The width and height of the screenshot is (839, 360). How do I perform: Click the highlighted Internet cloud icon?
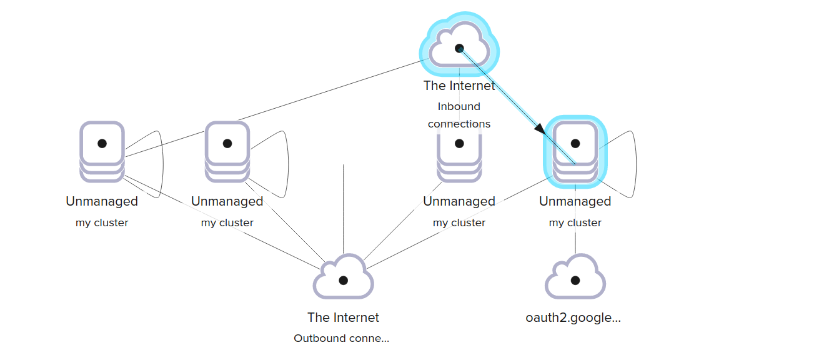(459, 44)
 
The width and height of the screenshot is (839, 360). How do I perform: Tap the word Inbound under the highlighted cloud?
(459, 106)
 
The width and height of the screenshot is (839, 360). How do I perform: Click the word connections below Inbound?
(459, 124)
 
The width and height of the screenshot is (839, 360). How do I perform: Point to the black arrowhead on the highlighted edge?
(540, 129)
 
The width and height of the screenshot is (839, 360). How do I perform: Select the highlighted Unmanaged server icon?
(575, 151)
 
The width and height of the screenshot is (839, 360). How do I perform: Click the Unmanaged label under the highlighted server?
(575, 201)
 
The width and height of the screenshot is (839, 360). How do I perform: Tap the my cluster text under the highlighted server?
(575, 223)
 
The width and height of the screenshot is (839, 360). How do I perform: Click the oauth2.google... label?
(573, 317)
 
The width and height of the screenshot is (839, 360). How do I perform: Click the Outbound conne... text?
(341, 338)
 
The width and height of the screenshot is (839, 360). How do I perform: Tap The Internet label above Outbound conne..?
(343, 317)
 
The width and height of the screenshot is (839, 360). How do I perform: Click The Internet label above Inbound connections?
(459, 86)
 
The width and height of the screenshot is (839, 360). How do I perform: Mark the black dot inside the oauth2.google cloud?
(575, 281)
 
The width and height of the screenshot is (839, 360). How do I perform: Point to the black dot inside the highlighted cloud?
(459, 48)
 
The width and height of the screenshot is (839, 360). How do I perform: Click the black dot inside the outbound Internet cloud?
(343, 281)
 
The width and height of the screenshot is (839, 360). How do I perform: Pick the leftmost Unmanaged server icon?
(102, 151)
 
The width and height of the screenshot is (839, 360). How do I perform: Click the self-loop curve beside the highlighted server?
(635, 164)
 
